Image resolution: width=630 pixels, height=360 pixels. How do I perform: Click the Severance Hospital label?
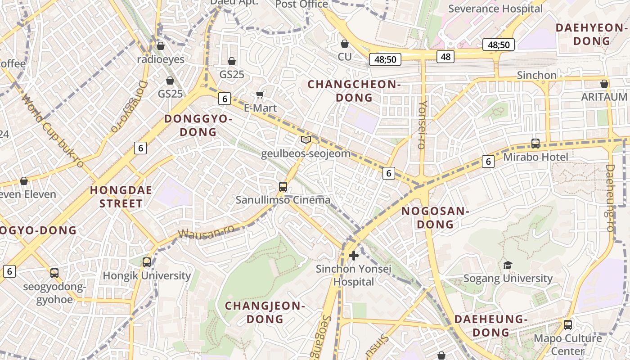(x=495, y=9)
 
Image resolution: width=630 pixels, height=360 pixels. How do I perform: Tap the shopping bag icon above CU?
(x=345, y=44)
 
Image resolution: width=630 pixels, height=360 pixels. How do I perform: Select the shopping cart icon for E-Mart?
(x=260, y=94)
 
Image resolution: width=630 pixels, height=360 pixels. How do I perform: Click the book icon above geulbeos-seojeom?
(x=306, y=140)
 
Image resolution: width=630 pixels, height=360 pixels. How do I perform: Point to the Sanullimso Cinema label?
(x=283, y=200)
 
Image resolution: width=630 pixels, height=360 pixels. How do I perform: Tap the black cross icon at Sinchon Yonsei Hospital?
(x=354, y=256)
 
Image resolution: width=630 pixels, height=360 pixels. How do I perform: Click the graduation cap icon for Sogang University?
(x=508, y=265)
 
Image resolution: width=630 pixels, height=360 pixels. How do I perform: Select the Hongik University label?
(x=147, y=275)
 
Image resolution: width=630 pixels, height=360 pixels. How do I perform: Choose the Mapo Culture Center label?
(x=567, y=344)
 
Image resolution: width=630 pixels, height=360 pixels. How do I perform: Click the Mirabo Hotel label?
(x=535, y=157)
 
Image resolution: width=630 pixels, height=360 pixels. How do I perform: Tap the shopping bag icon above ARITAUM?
(x=604, y=84)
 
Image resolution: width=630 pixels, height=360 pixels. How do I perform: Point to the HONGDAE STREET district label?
(x=121, y=197)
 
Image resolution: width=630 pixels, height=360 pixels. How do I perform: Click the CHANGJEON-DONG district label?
(x=265, y=312)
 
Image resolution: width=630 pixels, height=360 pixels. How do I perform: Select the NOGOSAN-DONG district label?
(x=435, y=217)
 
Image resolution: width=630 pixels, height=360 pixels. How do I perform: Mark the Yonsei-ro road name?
(x=422, y=124)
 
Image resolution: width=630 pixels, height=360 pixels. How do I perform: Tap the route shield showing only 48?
(x=445, y=56)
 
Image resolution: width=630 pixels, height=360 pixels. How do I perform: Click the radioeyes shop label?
(x=161, y=59)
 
